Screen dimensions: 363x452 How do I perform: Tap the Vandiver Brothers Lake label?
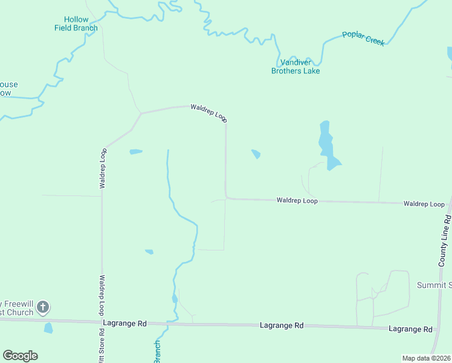coord(295,67)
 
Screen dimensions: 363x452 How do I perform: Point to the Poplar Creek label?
coord(363,39)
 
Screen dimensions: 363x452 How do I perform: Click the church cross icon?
coord(43,307)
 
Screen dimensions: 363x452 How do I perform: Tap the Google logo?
coord(20,356)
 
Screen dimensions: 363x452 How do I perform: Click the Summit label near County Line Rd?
coord(434,285)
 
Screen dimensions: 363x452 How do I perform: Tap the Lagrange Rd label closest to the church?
coord(125,324)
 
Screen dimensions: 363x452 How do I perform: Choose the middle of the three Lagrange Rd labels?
coord(282,325)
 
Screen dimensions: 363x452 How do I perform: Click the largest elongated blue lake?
coord(328,146)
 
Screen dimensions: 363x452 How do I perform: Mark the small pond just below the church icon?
coord(48,328)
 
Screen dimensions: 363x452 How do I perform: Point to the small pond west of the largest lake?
coord(256,154)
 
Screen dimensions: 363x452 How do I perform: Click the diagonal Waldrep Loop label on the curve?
coord(208,113)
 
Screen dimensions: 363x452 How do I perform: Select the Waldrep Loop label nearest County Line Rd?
coord(424,204)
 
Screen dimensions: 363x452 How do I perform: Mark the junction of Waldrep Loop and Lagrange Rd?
coord(102,321)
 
